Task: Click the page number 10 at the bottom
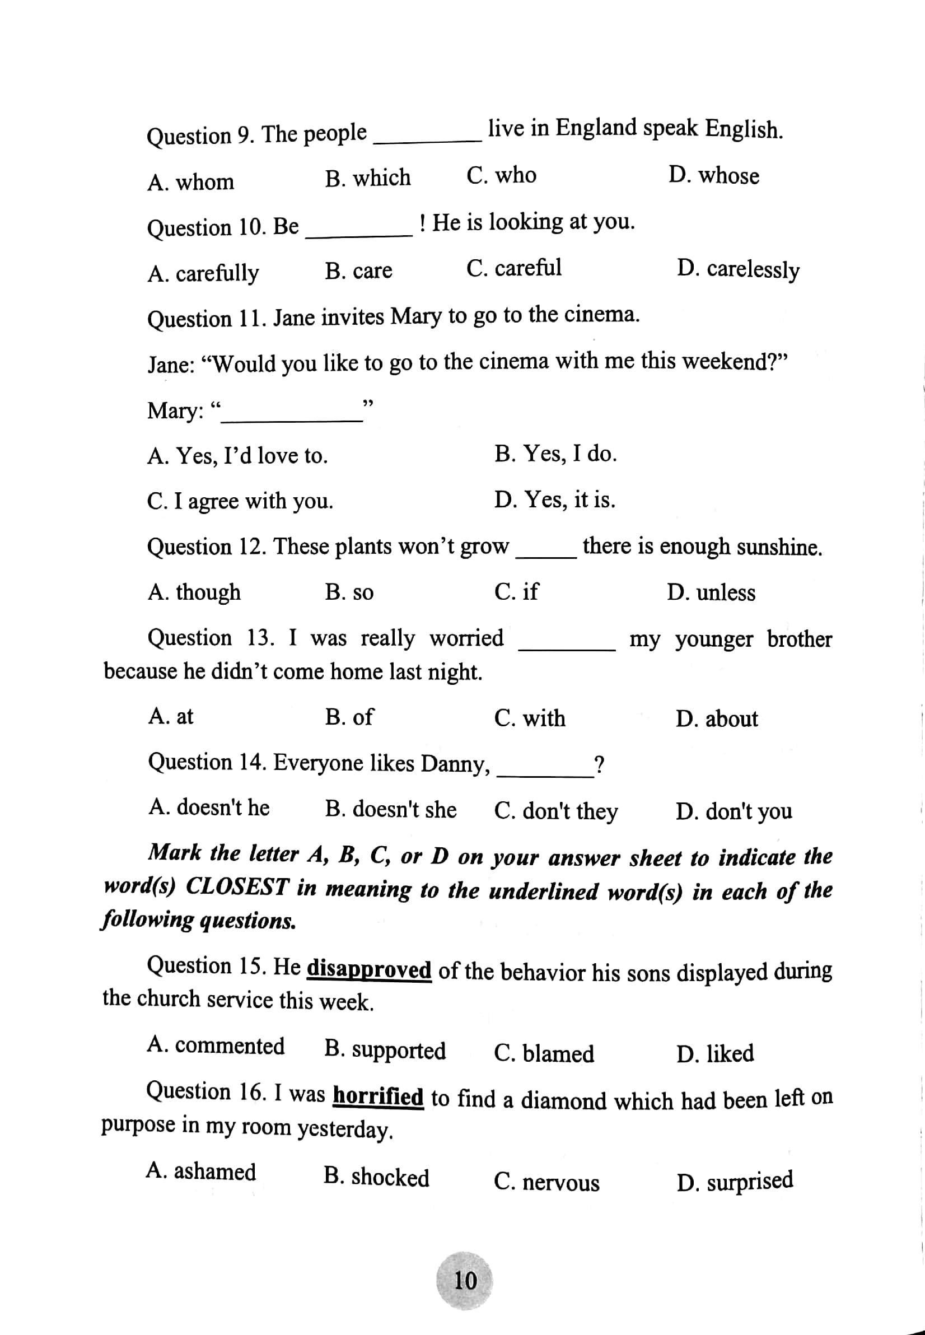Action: pos(465,1280)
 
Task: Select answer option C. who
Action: pos(501,175)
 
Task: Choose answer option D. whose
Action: pos(713,175)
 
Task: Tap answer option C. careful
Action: pos(513,268)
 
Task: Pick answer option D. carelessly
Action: pos(738,269)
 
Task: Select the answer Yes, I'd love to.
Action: pos(237,456)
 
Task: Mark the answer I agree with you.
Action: pos(240,501)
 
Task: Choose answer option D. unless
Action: pos(711,592)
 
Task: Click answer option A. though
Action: pos(194,592)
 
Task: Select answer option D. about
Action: pos(716,719)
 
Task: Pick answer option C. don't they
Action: pos(556,811)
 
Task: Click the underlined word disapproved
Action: pos(368,969)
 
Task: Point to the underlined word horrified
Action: pos(378,1096)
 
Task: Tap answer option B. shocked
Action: pos(376,1177)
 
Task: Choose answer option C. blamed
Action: pos(544,1053)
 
